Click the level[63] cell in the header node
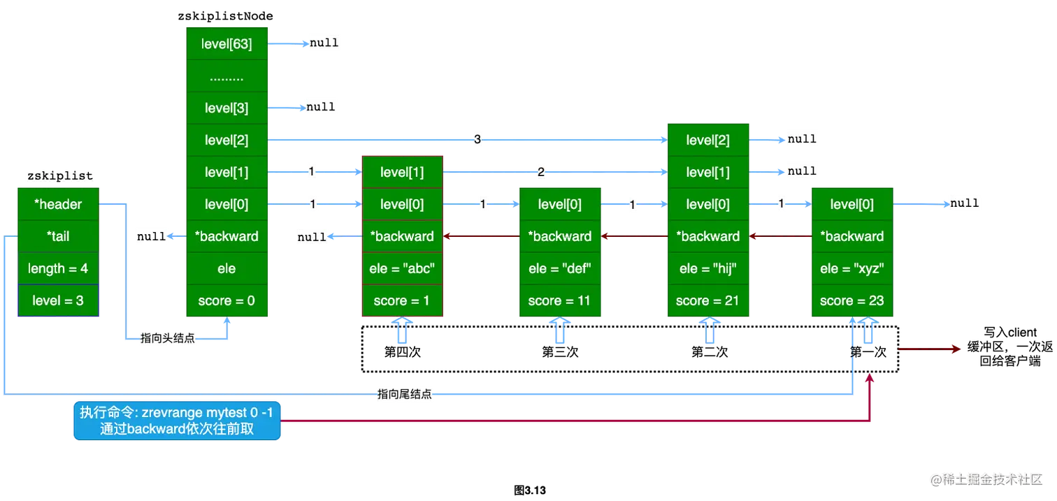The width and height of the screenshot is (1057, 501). coord(226,44)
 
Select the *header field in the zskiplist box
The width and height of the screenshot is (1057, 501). coord(59,204)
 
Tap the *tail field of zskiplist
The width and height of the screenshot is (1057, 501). coord(59,236)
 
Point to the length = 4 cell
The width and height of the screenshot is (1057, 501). coord(59,268)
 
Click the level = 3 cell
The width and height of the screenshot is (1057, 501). coord(59,300)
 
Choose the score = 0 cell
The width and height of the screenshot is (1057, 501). coord(226,300)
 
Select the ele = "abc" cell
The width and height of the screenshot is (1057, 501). coord(401,268)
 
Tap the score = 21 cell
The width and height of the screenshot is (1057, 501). coord(707,300)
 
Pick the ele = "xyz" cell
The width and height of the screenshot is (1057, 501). coord(852,268)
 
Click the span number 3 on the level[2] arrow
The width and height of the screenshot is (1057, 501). coord(477,140)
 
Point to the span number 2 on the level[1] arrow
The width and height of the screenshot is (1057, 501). coord(540,172)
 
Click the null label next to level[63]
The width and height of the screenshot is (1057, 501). coord(323,43)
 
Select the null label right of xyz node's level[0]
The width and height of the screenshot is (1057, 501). coord(964,203)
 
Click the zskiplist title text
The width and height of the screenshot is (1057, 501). coord(60,176)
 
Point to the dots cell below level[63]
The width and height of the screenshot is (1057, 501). coord(226,76)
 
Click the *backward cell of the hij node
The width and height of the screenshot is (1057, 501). coord(707,236)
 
